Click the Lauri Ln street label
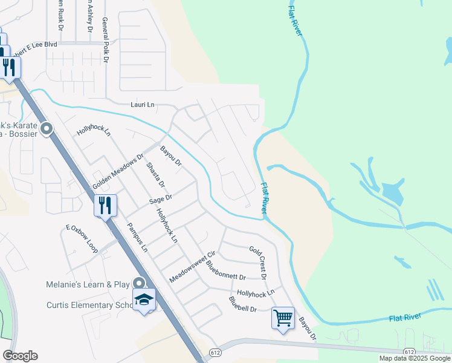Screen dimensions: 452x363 [143, 105]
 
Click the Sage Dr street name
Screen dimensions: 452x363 [161, 198]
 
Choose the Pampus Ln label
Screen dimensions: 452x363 [138, 237]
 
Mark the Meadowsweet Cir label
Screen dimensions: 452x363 [193, 266]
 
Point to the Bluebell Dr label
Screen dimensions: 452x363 [243, 304]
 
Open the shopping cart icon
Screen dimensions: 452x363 [283, 317]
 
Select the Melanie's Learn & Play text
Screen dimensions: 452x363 [88, 284]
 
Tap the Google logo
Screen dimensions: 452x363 [20, 356]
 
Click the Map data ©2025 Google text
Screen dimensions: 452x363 [415, 358]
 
